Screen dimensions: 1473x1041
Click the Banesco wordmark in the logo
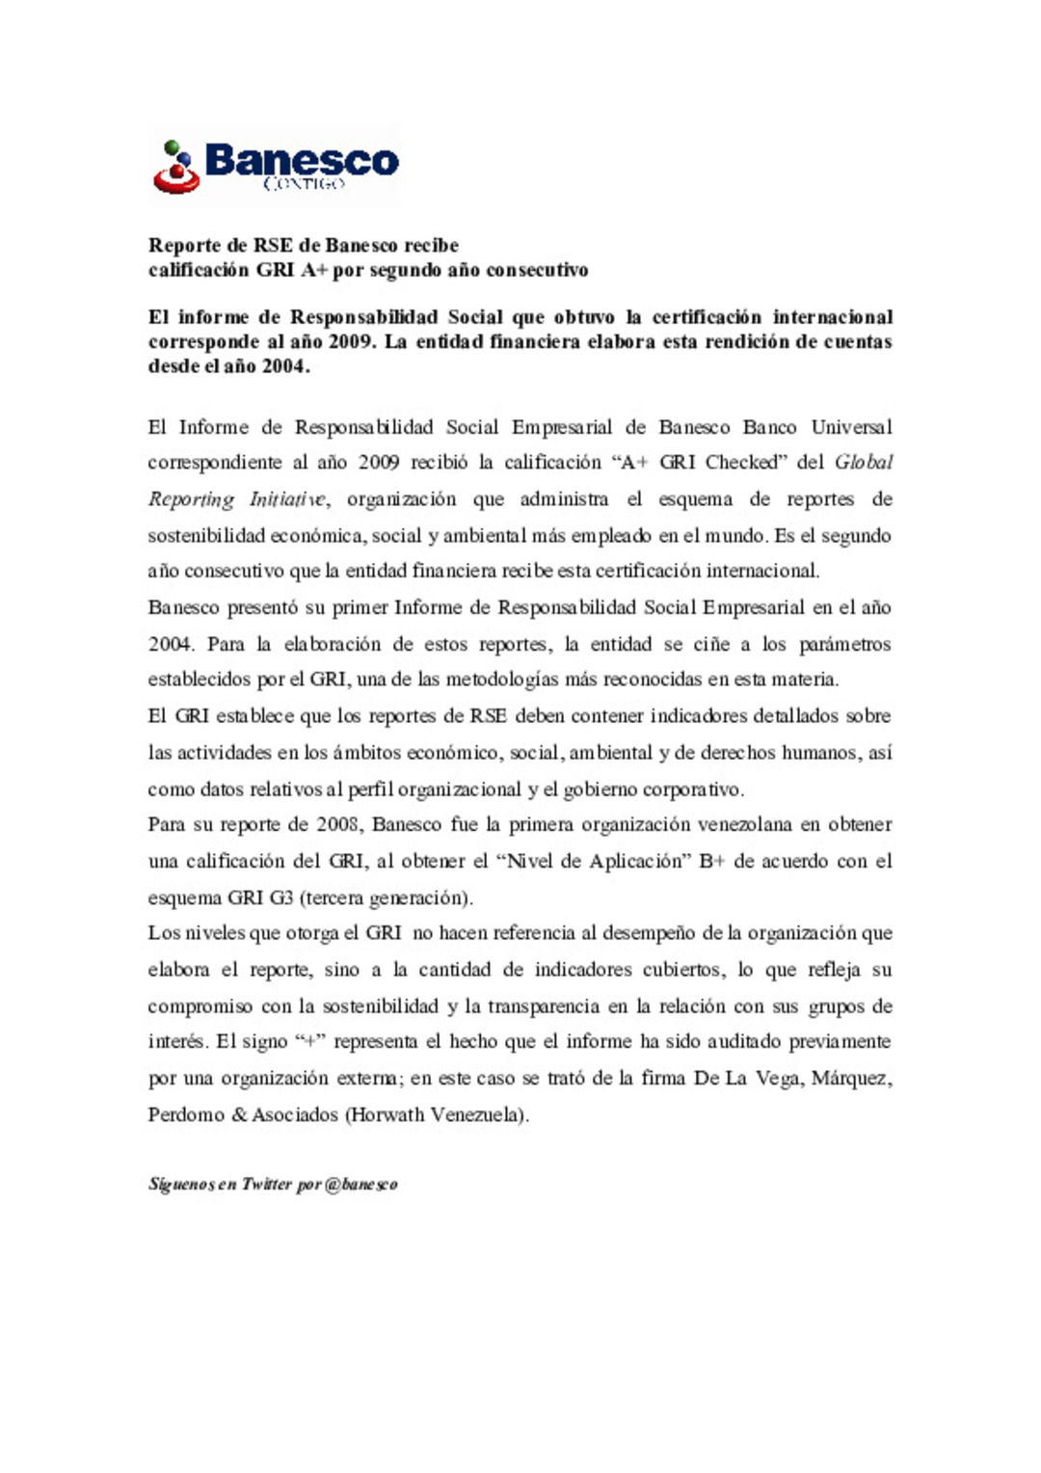tap(301, 159)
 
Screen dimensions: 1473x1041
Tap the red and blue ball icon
tap(176, 167)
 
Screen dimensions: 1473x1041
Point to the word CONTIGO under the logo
tap(304, 183)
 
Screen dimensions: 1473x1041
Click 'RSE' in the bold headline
tap(273, 245)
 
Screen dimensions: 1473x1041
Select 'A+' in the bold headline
tap(314, 270)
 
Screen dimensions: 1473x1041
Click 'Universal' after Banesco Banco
tap(851, 427)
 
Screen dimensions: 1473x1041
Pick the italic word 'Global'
tap(864, 463)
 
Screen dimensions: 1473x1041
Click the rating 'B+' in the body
tap(711, 861)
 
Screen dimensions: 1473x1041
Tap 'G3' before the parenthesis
tap(280, 897)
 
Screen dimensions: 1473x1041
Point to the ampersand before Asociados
tap(239, 1115)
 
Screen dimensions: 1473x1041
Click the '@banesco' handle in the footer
tap(361, 1185)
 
